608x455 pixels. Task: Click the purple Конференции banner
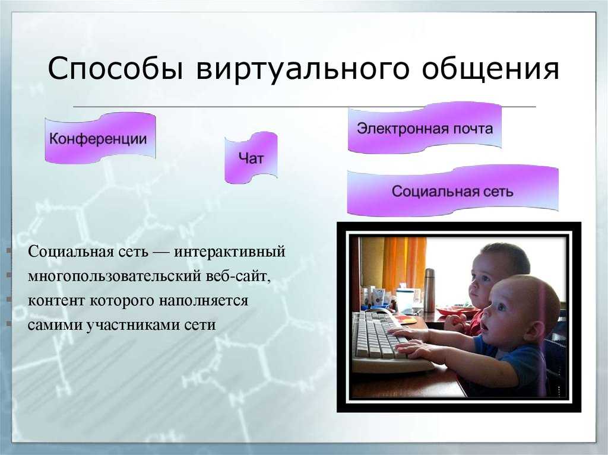point(100,138)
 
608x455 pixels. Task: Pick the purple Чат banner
point(251,158)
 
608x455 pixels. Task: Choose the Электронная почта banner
point(425,128)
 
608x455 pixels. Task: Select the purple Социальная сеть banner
point(452,190)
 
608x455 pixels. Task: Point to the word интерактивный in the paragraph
point(230,252)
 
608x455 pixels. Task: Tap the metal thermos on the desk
point(429,290)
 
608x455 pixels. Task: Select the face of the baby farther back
point(481,282)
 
